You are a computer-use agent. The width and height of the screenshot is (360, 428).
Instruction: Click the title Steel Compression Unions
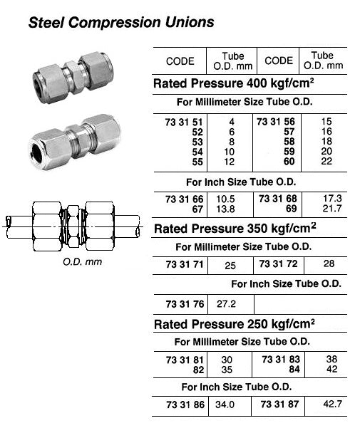pyautogui.click(x=120, y=22)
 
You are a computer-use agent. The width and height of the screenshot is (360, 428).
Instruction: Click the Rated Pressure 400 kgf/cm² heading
pyautogui.click(x=236, y=83)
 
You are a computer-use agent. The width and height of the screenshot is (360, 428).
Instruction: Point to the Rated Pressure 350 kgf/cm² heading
pyautogui.click(x=236, y=229)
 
